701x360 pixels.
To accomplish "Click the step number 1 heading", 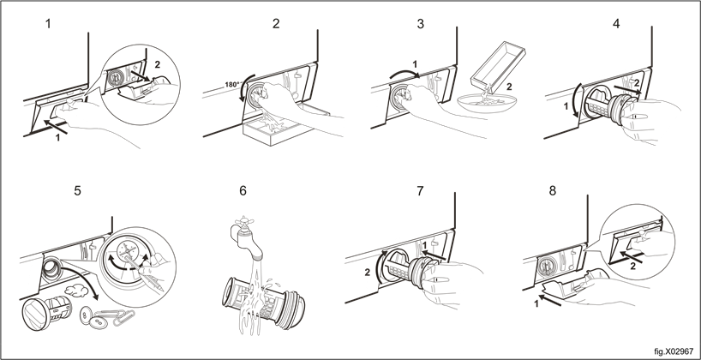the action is coord(48,24).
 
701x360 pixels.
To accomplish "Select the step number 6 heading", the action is coord(243,191).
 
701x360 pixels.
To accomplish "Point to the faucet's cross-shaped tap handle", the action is coord(243,222).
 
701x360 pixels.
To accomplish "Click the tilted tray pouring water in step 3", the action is coord(498,65).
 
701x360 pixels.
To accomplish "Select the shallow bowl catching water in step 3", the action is coord(487,102).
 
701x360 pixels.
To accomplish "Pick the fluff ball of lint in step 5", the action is coord(76,291).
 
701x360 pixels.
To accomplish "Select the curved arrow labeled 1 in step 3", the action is coord(404,73).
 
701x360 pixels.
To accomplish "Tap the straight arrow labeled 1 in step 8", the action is coord(550,300).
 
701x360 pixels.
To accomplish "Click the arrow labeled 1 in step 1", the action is coord(56,127).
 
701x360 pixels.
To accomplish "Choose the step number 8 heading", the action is coord(553,191).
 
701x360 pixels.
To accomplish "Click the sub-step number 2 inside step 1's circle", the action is coord(157,64).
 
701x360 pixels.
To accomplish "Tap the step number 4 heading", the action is coord(616,24).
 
